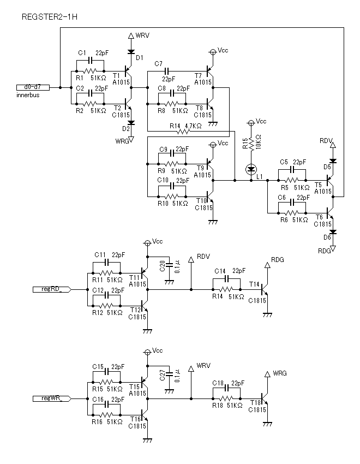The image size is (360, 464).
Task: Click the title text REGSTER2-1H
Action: pyautogui.click(x=50, y=17)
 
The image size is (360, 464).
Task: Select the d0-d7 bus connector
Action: pyautogui.click(x=33, y=87)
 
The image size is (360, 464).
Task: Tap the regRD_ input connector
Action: pyautogui.click(x=52, y=289)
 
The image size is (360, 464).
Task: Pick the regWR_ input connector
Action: pyautogui.click(x=52, y=398)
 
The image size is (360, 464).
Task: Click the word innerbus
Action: pyautogui.click(x=28, y=95)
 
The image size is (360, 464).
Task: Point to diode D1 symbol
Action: pyautogui.click(x=131, y=52)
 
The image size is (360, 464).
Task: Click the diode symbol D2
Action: pyautogui.click(x=131, y=122)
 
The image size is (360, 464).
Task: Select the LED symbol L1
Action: pyautogui.click(x=251, y=170)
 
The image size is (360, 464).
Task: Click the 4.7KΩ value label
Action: pyautogui.click(x=193, y=126)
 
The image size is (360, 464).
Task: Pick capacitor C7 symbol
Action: pyautogui.click(x=166, y=71)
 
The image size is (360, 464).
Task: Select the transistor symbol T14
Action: pyautogui.click(x=265, y=289)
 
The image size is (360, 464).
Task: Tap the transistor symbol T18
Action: pyautogui.click(x=265, y=398)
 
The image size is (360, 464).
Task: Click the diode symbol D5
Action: pyautogui.click(x=333, y=161)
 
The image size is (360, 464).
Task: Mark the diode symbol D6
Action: pyautogui.click(x=333, y=231)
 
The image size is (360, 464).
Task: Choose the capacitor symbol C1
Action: pyautogui.click(x=90, y=61)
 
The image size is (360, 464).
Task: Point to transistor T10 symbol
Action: pyautogui.click(x=210, y=197)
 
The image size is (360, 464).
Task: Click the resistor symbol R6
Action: pyautogui.click(x=292, y=213)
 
